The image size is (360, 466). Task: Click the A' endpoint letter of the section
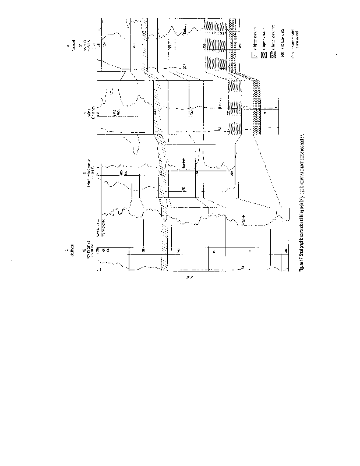tap(68, 44)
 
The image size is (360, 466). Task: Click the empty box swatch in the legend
tap(253, 55)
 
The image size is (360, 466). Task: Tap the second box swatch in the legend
tap(263, 54)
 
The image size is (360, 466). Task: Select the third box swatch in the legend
tap(272, 54)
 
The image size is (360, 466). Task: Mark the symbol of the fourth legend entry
tap(282, 54)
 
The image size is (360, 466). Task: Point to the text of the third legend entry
tap(272, 38)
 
